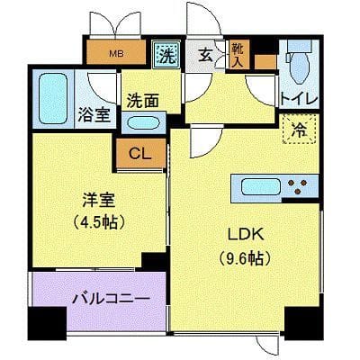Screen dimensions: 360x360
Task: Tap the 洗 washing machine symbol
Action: coord(166,54)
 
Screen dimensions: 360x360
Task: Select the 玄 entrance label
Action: coord(206,56)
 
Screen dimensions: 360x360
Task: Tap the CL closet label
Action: coord(139,154)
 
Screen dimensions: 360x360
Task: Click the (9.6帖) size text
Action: coord(245,257)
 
